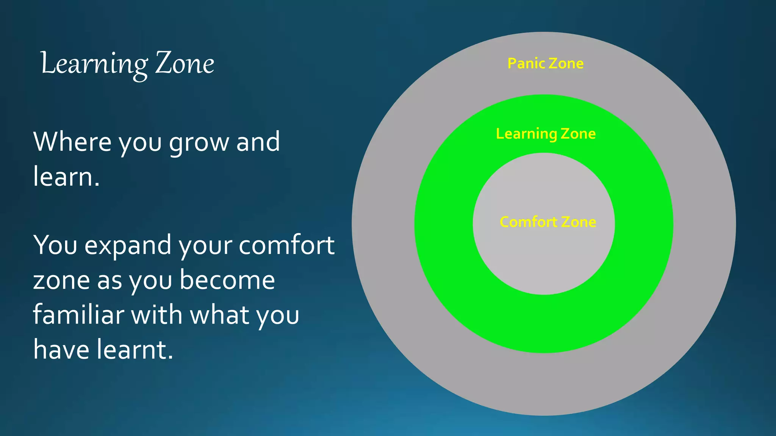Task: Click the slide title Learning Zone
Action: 127,64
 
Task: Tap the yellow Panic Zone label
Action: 545,64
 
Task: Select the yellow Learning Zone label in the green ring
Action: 546,134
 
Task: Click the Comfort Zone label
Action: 548,222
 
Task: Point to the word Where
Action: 72,142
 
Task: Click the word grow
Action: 199,143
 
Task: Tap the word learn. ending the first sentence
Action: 66,176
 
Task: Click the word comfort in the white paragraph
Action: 286,245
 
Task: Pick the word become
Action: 227,280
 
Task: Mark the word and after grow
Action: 258,142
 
